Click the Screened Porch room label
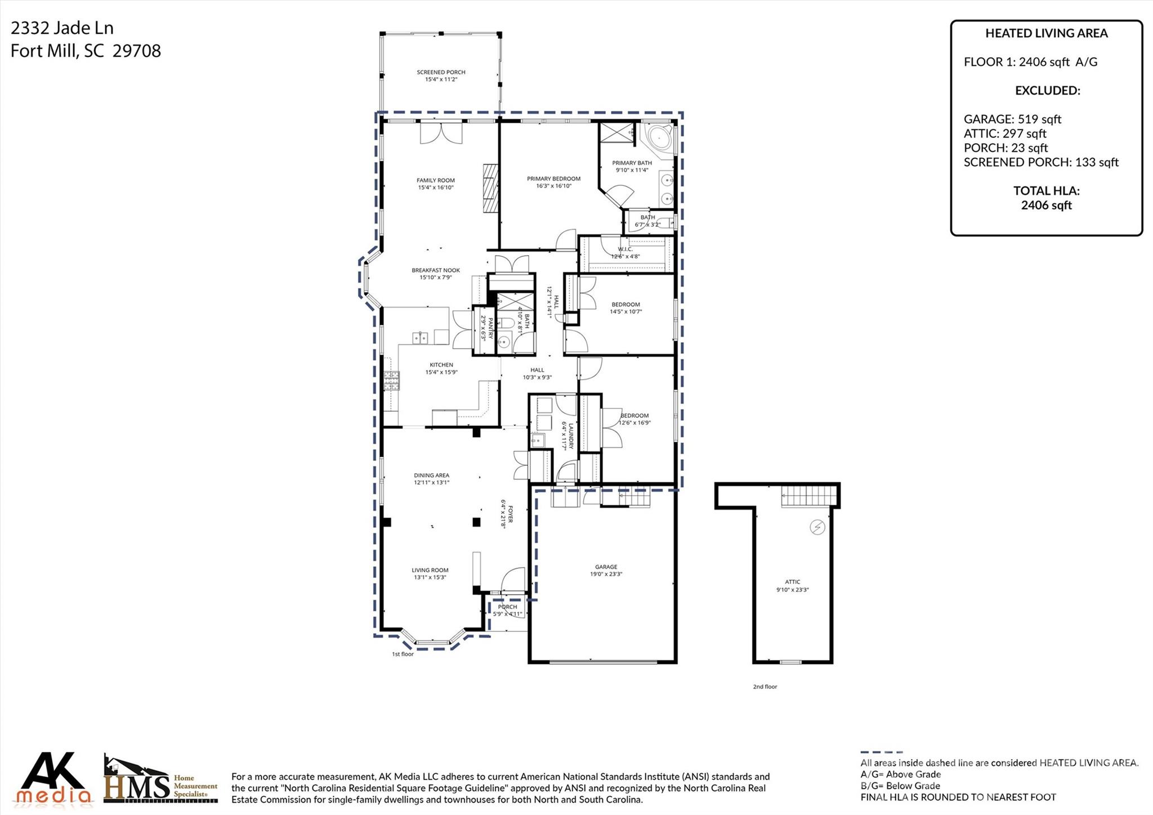click(441, 72)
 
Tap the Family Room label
click(435, 180)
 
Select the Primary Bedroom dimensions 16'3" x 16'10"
click(553, 186)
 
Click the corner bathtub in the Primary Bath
click(658, 138)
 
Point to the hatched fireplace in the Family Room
click(490, 188)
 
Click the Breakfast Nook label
click(435, 270)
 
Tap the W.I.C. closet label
click(625, 249)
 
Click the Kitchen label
click(441, 365)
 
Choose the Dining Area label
click(431, 475)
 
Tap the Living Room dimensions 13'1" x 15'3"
click(430, 577)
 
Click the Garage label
click(606, 567)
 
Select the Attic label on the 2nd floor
click(792, 582)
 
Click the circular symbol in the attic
click(816, 527)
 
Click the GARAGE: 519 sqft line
click(1012, 119)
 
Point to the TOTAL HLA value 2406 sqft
click(1046, 205)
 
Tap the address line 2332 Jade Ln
click(62, 28)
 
